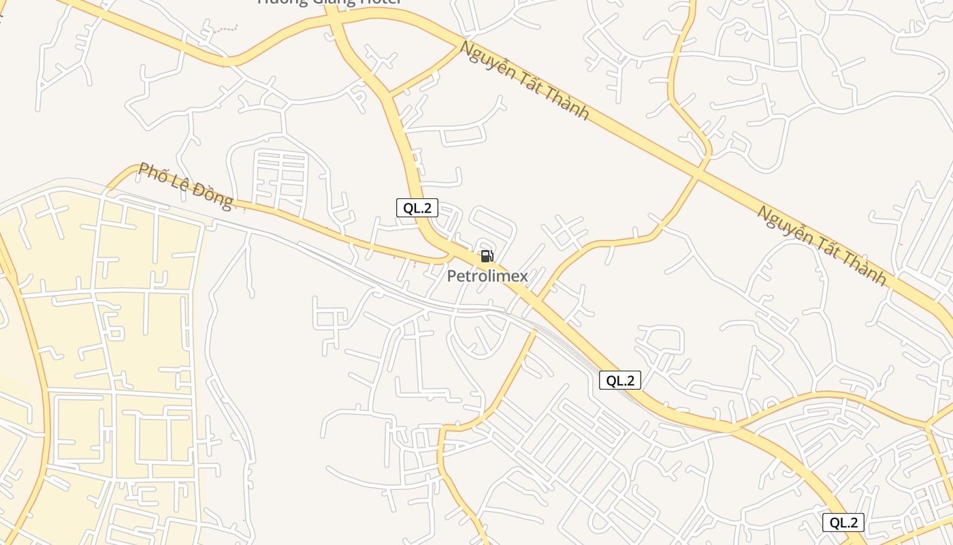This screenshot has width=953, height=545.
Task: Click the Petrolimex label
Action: tap(487, 276)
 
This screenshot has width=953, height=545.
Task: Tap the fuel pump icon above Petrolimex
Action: tap(487, 256)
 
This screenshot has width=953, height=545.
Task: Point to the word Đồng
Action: tap(212, 195)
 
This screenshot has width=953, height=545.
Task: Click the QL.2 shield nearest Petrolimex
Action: tap(417, 208)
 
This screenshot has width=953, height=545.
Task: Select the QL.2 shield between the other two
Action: tap(619, 380)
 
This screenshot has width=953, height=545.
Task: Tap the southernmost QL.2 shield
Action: tap(843, 523)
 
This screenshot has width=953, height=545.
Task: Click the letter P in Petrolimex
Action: tap(451, 276)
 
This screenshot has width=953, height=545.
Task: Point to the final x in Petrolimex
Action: tap(523, 277)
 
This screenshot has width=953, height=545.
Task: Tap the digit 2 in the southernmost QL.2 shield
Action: tap(855, 523)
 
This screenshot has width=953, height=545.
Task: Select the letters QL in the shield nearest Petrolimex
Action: tap(410, 208)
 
